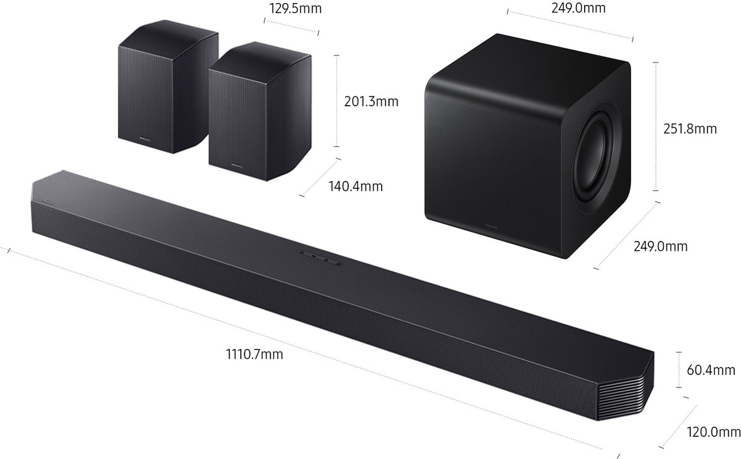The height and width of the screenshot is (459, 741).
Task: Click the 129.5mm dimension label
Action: [x=295, y=9]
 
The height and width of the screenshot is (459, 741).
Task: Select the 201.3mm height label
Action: [x=371, y=100]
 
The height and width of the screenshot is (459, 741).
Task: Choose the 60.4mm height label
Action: [x=711, y=370]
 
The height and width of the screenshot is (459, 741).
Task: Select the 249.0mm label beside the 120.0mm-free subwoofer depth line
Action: [x=660, y=246]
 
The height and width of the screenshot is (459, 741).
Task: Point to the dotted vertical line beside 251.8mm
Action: [x=655, y=127]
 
